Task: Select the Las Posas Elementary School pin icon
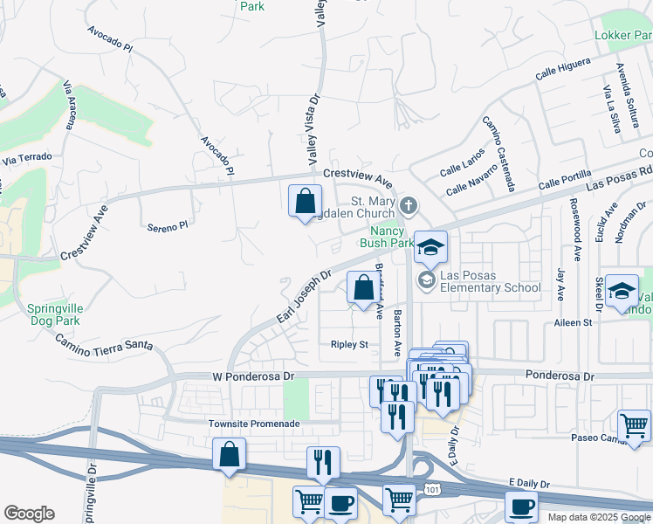pos(427,280)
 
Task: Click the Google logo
pos(29,514)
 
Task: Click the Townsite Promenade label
pos(254,424)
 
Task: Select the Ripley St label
pos(349,345)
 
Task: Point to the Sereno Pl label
pos(166,226)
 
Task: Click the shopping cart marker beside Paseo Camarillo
pos(634,427)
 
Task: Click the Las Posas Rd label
pos(619,178)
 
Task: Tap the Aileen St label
pos(573,323)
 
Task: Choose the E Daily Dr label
pos(533,483)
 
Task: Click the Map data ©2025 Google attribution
pos(597,516)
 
